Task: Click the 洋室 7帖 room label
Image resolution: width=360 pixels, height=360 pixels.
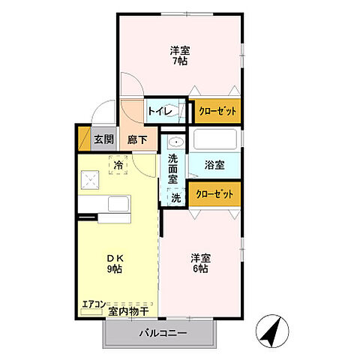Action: pos(178,56)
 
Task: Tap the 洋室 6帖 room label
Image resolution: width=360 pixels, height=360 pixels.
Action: pos(200,263)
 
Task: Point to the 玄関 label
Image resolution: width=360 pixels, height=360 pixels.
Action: pos(103,139)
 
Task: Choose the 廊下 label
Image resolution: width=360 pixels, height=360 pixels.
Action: pos(136,139)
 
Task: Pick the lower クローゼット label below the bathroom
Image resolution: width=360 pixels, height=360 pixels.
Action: pos(214,193)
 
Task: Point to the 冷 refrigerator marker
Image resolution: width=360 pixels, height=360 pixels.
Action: pos(118,163)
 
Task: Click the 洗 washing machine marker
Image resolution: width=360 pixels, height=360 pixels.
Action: pos(175,198)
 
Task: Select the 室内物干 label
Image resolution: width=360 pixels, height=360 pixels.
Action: pos(127,310)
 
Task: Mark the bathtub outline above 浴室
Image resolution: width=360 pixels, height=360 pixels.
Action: pos(214,139)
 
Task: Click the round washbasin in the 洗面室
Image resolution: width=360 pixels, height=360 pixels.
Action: pos(175,142)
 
